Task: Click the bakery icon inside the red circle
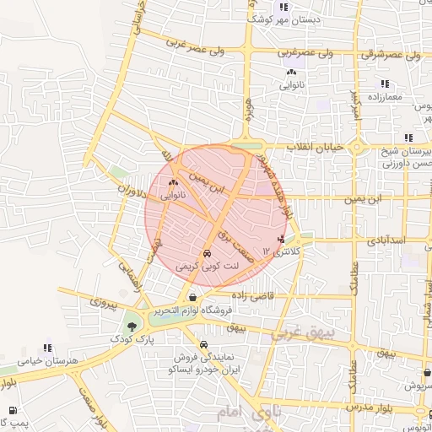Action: [x=173, y=182]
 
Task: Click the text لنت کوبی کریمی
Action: [x=208, y=266]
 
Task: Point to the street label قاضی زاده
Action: [x=250, y=297]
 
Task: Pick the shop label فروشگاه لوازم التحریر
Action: [x=196, y=310]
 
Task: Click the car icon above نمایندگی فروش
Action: [x=204, y=344]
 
